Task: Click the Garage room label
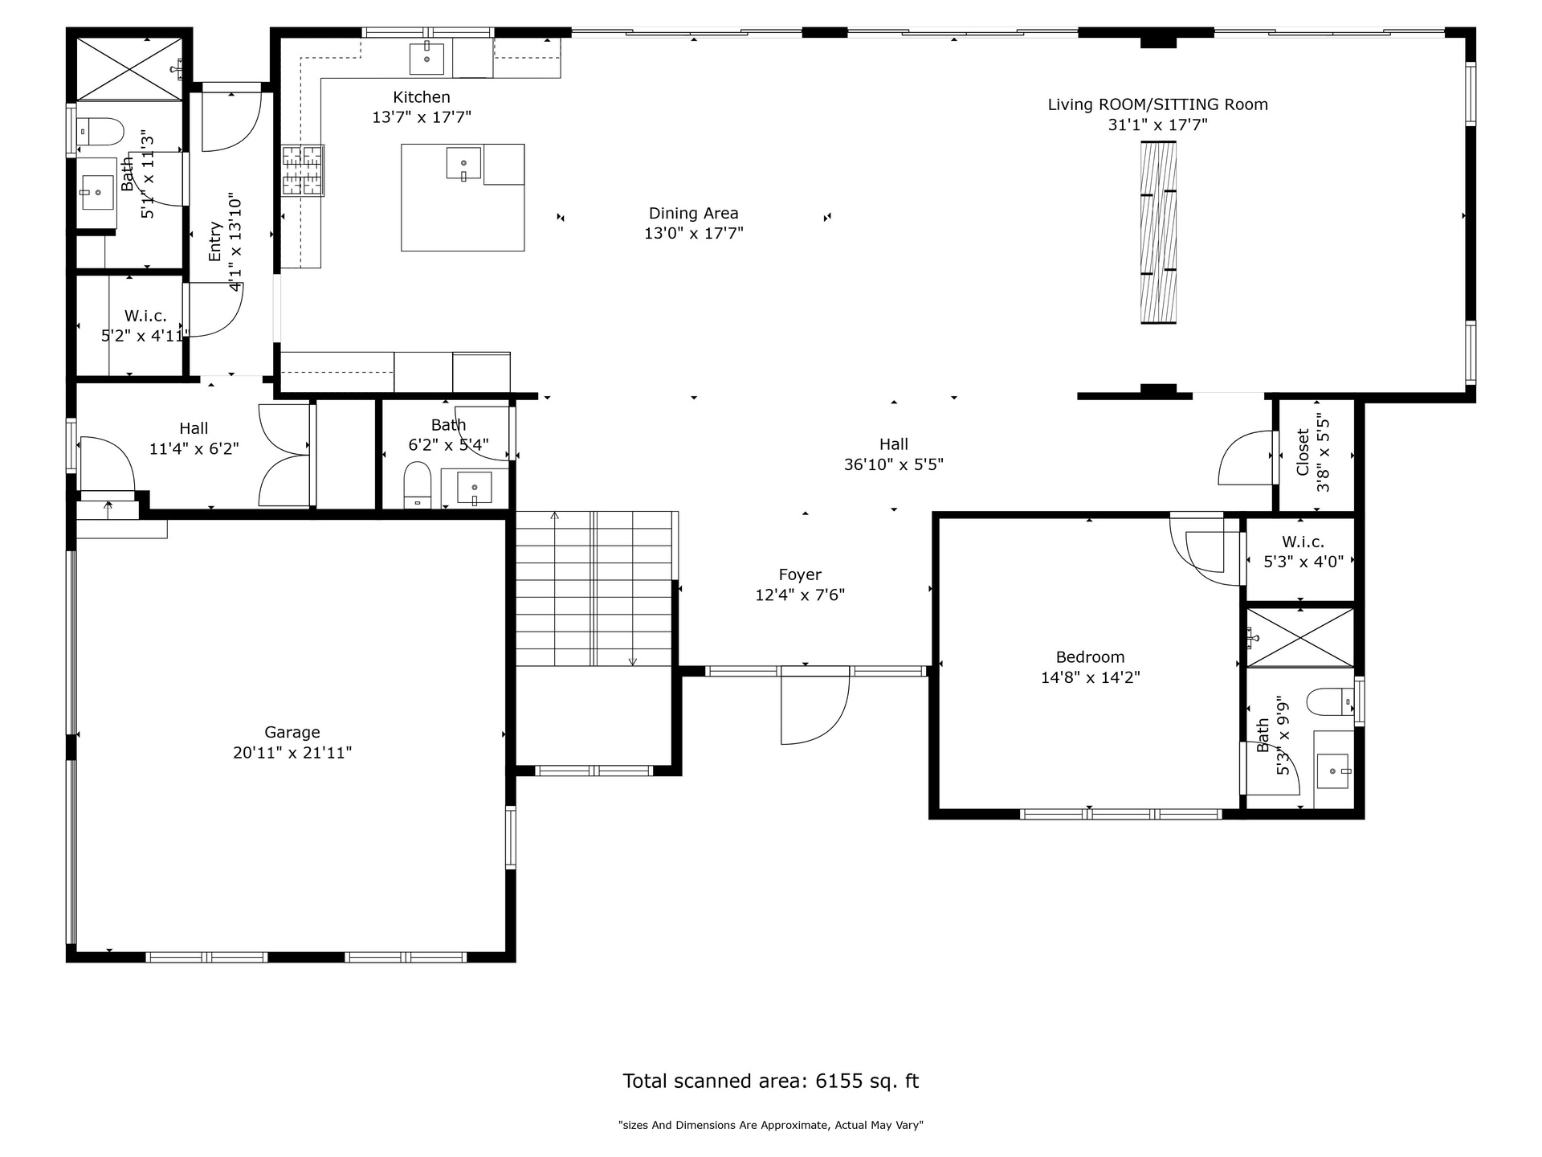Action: [x=292, y=732]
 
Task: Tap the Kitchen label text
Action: [x=422, y=97]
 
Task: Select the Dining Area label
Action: [x=694, y=213]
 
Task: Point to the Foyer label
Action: [x=800, y=574]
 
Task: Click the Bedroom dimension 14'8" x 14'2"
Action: [x=1091, y=677]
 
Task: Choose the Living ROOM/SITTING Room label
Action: [x=1158, y=104]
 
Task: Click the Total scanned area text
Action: [x=771, y=1081]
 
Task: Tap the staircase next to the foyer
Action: [x=594, y=589]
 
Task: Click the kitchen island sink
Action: [x=463, y=164]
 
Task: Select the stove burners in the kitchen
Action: [x=302, y=170]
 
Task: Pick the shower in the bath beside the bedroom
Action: [x=1299, y=637]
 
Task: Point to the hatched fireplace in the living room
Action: [x=1159, y=232]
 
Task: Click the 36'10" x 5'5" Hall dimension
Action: [x=894, y=464]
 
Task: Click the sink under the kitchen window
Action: [x=427, y=58]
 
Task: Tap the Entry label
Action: [x=214, y=241]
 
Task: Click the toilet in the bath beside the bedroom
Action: [x=1331, y=702]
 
